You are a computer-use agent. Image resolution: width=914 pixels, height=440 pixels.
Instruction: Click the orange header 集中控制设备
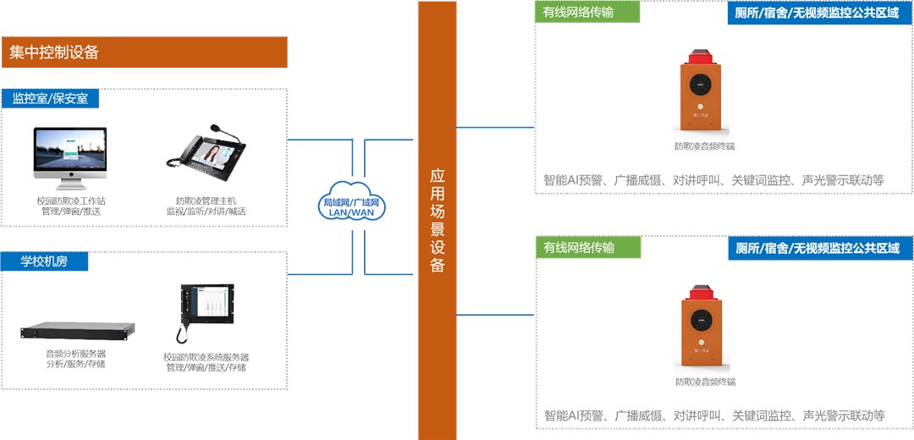tap(144, 52)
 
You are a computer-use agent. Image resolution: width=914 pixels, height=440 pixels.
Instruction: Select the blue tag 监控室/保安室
tap(50, 98)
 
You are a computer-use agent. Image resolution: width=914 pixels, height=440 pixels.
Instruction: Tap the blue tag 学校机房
tap(44, 261)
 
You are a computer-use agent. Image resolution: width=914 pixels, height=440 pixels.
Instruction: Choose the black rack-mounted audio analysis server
tap(78, 330)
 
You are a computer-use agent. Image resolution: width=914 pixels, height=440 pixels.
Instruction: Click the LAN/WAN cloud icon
tap(350, 201)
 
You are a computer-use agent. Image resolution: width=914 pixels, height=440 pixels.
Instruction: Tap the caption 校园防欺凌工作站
tap(70, 201)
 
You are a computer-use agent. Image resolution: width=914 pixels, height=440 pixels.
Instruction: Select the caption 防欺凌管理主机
tap(206, 201)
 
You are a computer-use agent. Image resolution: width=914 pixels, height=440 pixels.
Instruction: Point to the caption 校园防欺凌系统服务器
tap(206, 357)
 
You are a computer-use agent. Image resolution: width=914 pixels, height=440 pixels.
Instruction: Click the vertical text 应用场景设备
tap(438, 220)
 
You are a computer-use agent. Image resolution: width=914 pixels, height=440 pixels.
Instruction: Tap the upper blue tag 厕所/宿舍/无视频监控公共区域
tap(817, 13)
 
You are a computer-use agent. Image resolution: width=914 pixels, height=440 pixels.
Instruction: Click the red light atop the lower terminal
tap(700, 293)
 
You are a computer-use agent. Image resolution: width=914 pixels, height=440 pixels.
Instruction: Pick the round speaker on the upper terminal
tap(700, 85)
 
